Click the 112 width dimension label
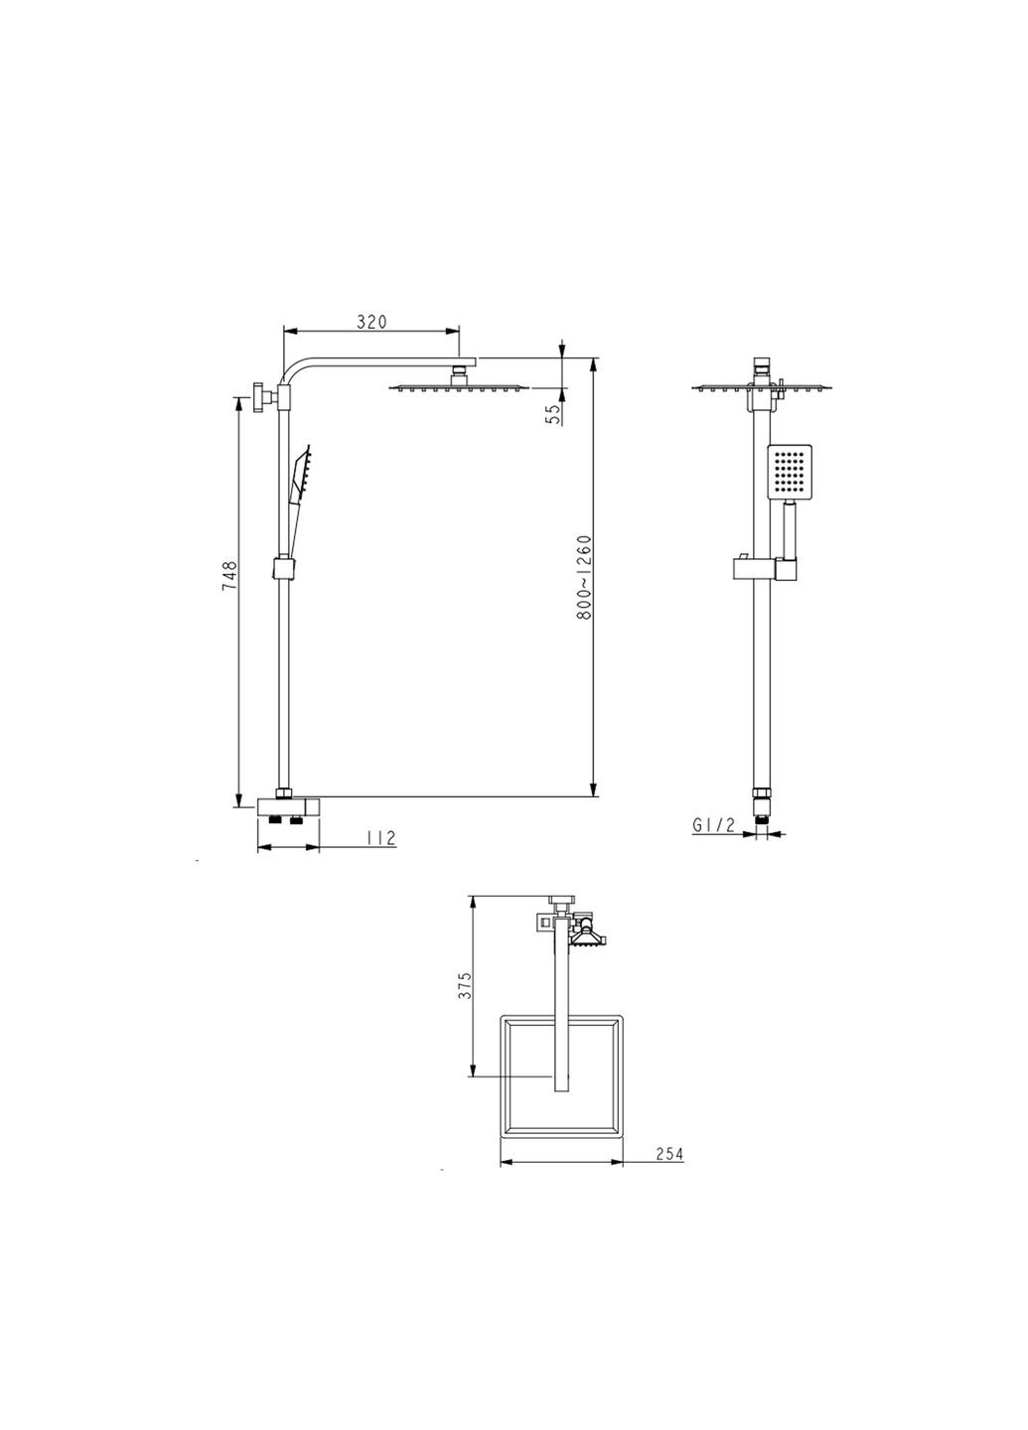coord(381,837)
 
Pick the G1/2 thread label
coord(714,825)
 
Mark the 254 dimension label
coord(669,1154)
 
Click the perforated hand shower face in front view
coord(790,471)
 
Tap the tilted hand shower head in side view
coord(302,471)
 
